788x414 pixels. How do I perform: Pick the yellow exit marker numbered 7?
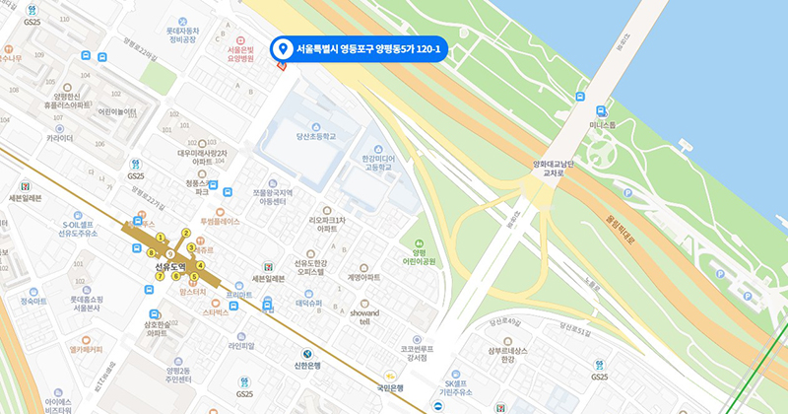click(x=160, y=276)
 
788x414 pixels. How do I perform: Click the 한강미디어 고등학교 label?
click(x=377, y=162)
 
